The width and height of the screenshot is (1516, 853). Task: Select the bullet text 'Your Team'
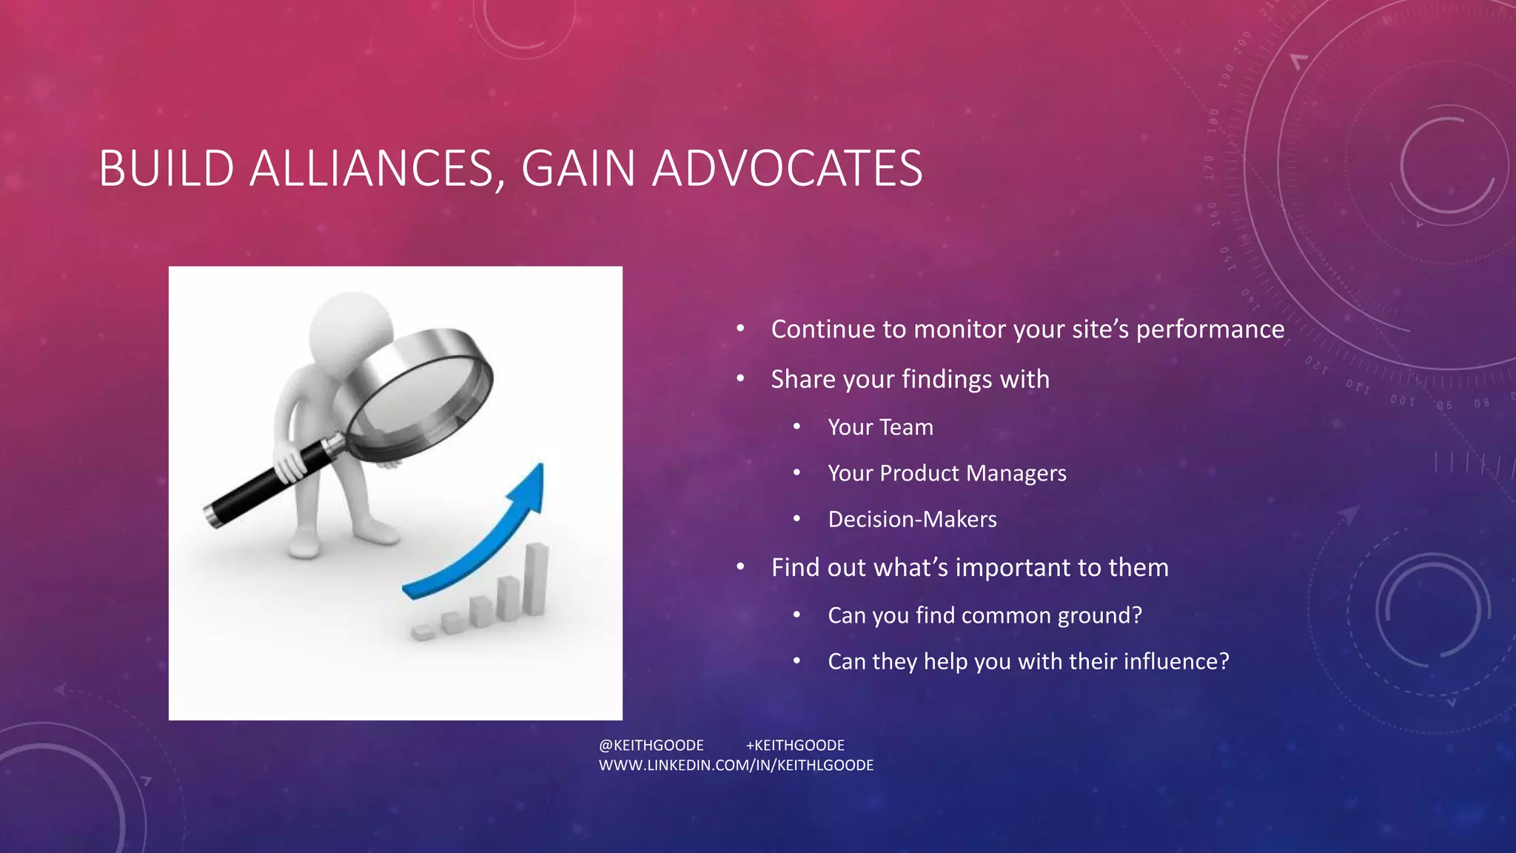click(880, 427)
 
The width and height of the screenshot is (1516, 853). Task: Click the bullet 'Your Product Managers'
click(947, 473)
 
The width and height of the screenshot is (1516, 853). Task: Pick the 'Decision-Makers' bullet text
click(912, 519)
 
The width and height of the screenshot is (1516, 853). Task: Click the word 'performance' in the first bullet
click(1210, 330)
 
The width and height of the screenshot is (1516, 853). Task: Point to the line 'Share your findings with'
click(910, 379)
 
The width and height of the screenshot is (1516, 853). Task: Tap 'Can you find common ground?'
click(985, 615)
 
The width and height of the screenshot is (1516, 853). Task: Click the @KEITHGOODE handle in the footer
click(651, 745)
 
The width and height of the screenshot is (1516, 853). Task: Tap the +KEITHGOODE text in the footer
click(795, 745)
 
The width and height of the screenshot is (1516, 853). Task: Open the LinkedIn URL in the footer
click(736, 765)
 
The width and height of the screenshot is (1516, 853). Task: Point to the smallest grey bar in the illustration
click(423, 632)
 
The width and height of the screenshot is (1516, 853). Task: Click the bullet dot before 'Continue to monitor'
click(740, 330)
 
